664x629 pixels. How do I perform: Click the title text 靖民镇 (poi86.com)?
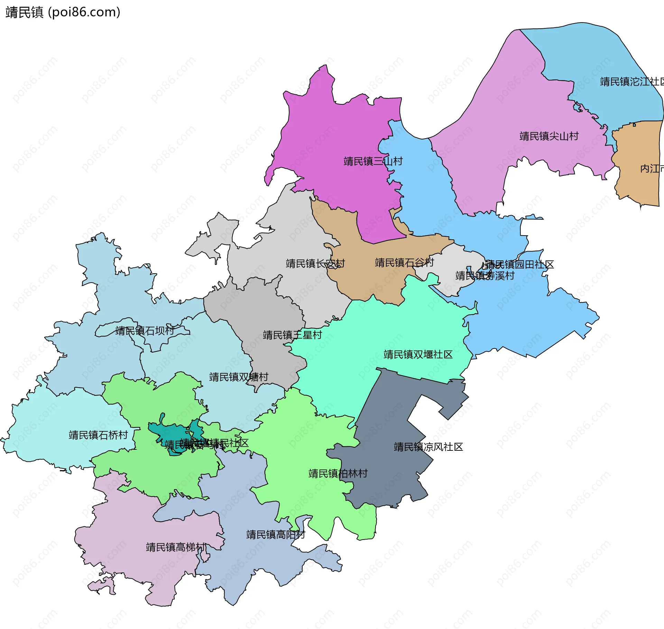click(63, 12)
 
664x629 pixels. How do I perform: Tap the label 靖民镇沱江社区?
click(631, 82)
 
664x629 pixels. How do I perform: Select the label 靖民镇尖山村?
click(549, 136)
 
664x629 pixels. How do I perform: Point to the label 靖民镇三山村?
click(373, 161)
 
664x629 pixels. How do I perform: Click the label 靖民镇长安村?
click(315, 264)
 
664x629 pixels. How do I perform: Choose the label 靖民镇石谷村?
click(404, 263)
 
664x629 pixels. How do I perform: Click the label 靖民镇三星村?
click(292, 335)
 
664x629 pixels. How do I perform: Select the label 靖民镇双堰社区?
click(418, 354)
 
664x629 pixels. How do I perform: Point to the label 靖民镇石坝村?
click(145, 331)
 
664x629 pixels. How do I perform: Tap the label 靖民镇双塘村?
click(239, 377)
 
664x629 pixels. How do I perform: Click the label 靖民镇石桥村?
click(98, 435)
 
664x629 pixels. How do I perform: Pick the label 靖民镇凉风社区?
click(428, 447)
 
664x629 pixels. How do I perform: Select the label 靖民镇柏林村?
click(338, 474)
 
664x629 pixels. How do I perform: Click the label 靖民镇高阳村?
click(276, 535)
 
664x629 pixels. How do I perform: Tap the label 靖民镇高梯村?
click(176, 547)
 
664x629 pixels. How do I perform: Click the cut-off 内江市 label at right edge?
click(652, 169)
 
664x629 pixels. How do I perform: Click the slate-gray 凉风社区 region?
click(391, 477)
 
